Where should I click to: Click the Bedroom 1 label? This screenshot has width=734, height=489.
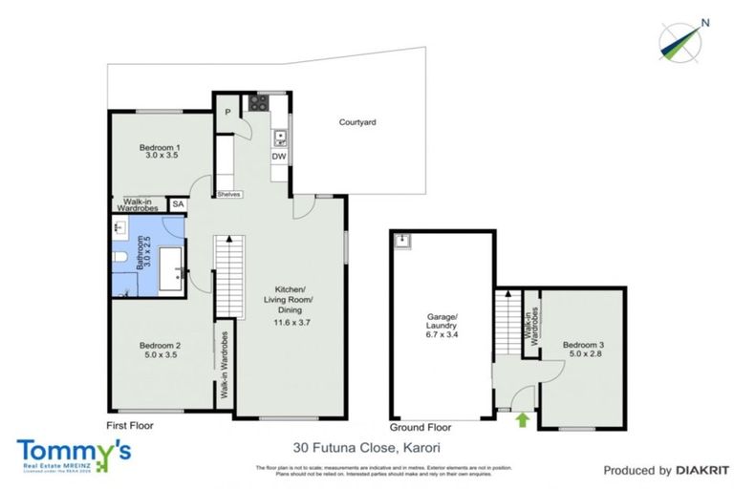point(161,147)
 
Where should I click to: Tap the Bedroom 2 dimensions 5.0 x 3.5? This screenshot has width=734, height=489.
point(161,354)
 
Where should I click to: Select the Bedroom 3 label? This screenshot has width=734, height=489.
point(582,345)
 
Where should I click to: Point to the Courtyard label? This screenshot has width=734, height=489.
point(357,122)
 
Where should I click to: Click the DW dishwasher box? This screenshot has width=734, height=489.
point(278,157)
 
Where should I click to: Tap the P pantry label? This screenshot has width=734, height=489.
point(227,112)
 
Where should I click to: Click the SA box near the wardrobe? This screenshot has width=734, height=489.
point(178,204)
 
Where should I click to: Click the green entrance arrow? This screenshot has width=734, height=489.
point(523,418)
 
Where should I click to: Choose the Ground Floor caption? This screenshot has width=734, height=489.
point(421,427)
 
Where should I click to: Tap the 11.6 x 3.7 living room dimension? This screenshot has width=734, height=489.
point(291,323)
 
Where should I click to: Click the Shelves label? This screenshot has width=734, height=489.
point(228,194)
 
